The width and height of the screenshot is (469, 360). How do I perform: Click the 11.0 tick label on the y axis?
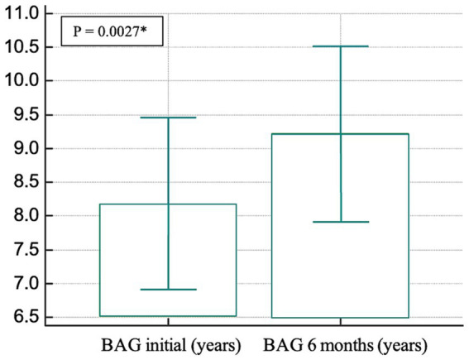point(22,14)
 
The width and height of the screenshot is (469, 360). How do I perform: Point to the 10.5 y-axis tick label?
point(22,47)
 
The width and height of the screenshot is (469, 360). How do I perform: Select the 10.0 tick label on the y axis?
point(22,81)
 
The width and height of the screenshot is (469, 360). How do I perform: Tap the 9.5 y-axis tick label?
point(26,115)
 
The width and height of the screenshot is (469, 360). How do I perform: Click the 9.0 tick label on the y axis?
point(26,148)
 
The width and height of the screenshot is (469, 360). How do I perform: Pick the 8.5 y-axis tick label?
point(26,182)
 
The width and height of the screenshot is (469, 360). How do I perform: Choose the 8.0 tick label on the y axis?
point(26,216)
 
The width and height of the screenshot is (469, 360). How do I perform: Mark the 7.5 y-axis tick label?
point(26,250)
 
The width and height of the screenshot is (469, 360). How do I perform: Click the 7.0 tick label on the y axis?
point(26,283)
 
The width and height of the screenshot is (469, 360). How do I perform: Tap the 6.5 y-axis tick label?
point(26,317)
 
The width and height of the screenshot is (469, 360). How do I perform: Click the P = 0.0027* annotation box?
point(112,31)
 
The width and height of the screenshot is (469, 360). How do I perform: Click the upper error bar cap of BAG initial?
point(168,118)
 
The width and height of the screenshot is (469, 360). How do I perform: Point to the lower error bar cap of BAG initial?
point(168,290)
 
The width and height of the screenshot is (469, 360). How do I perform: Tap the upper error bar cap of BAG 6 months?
point(341,46)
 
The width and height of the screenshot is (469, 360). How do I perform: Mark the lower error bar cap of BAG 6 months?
point(341,222)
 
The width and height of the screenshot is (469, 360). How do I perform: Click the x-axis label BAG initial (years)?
point(171,346)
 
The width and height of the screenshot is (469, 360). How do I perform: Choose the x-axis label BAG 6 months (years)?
point(345,346)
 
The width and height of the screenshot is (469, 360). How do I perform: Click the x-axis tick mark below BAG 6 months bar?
point(341,322)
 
